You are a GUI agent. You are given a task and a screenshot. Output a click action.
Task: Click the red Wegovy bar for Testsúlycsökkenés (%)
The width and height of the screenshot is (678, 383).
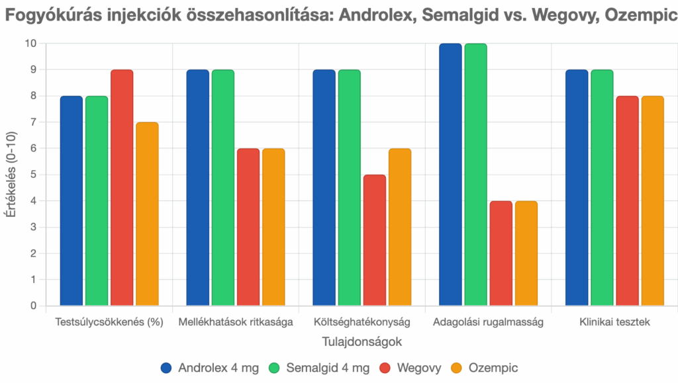122,188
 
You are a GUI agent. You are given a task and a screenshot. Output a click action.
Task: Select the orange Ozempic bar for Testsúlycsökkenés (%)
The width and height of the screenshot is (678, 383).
147,214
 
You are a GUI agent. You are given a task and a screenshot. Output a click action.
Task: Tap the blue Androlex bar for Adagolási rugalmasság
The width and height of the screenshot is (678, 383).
450,175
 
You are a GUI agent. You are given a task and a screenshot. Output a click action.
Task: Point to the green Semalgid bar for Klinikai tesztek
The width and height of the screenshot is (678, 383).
602,188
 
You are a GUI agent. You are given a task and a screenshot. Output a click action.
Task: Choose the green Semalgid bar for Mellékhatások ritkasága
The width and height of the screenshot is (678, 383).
223,188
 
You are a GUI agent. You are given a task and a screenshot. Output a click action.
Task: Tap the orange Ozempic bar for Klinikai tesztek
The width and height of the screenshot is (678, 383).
652,201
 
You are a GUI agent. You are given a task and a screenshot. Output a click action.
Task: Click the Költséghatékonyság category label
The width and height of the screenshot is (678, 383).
362,323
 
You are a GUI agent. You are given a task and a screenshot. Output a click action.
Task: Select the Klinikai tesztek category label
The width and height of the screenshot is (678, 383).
614,323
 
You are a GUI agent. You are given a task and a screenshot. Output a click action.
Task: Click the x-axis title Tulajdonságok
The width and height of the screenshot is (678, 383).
362,343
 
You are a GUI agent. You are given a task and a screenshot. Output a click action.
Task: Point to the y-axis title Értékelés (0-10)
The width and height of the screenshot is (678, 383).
11,175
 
